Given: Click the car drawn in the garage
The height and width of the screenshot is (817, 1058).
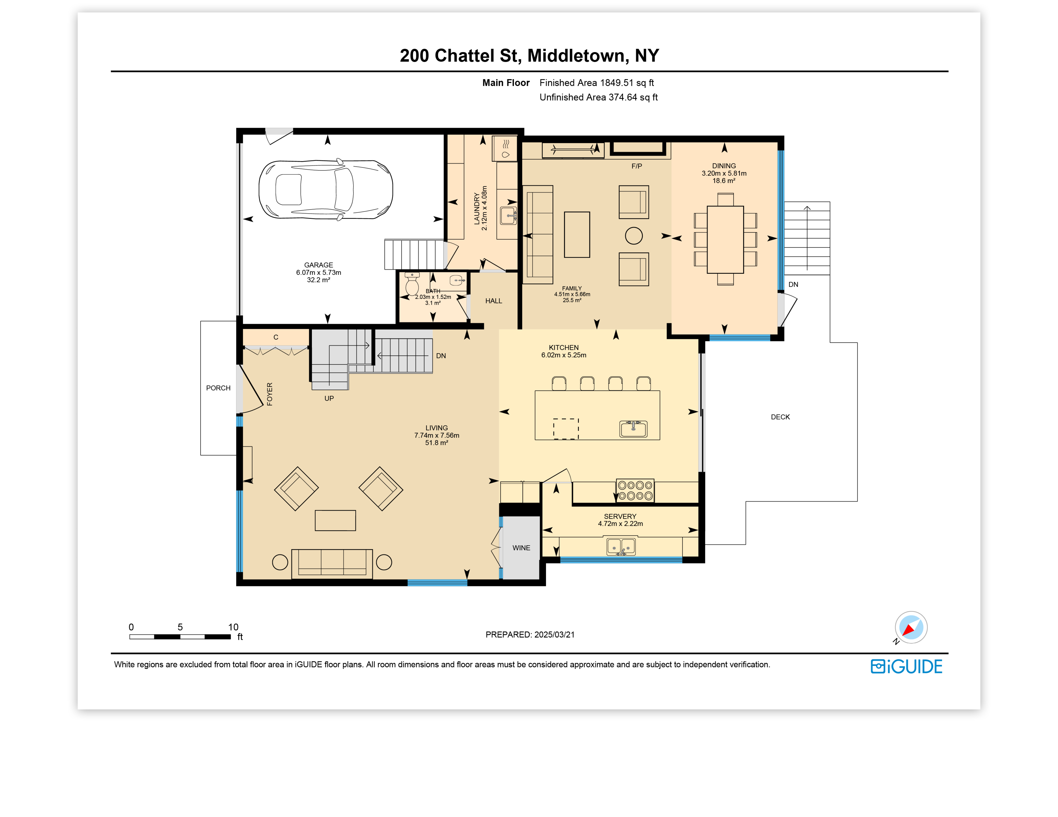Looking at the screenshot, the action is pyautogui.click(x=326, y=189).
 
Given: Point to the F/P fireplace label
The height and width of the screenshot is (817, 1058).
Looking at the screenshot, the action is pyautogui.click(x=636, y=166).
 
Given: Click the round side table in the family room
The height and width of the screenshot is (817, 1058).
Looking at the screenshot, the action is pyautogui.click(x=634, y=236).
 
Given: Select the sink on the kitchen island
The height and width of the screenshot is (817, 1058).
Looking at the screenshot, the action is pyautogui.click(x=633, y=429).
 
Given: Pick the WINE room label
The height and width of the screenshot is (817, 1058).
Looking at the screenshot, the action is pyautogui.click(x=521, y=548).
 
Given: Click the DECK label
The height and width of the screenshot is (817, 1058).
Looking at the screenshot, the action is pyautogui.click(x=780, y=417).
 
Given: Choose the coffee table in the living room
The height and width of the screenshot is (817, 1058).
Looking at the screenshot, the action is pyautogui.click(x=335, y=520).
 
